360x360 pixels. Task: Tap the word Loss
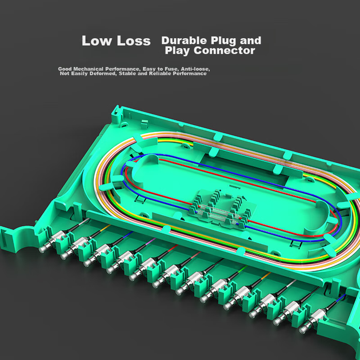134,41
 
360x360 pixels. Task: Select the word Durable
184,41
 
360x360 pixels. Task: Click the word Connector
225,50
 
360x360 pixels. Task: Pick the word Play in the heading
178,51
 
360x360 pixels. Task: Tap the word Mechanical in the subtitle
88,69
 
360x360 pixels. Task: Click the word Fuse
171,69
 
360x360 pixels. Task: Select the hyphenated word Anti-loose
195,69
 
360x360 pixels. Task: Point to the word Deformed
103,74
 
